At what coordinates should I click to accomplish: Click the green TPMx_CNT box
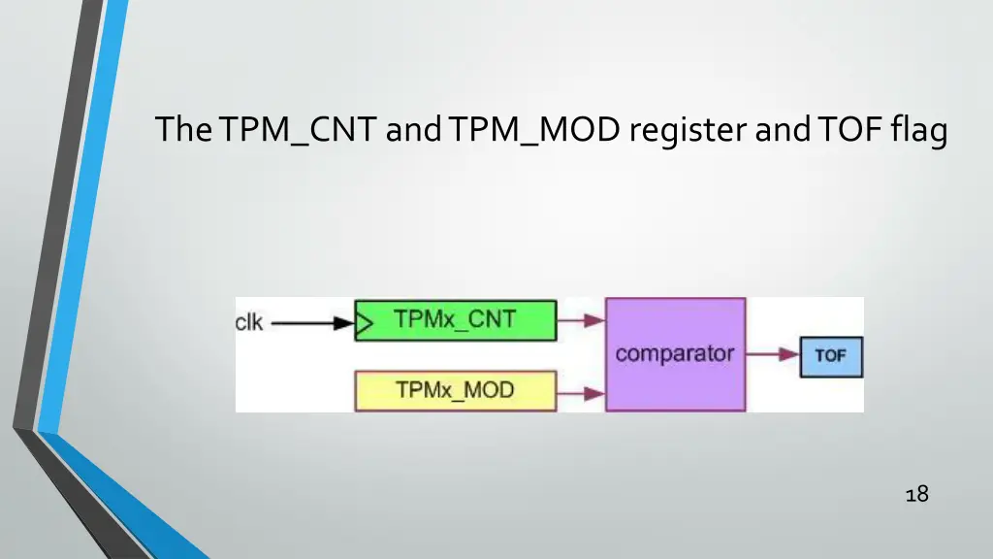456,320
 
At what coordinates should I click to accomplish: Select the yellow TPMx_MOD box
456,390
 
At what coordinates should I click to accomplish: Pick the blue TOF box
830,356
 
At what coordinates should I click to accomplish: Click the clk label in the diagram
249,322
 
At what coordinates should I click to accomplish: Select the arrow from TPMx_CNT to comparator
581,321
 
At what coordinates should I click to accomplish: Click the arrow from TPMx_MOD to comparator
581,392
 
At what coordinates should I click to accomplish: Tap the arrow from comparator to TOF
772,356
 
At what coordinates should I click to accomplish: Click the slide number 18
915,495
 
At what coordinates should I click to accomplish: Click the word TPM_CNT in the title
298,130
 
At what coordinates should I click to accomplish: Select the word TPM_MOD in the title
537,130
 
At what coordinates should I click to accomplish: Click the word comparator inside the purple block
675,353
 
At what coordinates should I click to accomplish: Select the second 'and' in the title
784,130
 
